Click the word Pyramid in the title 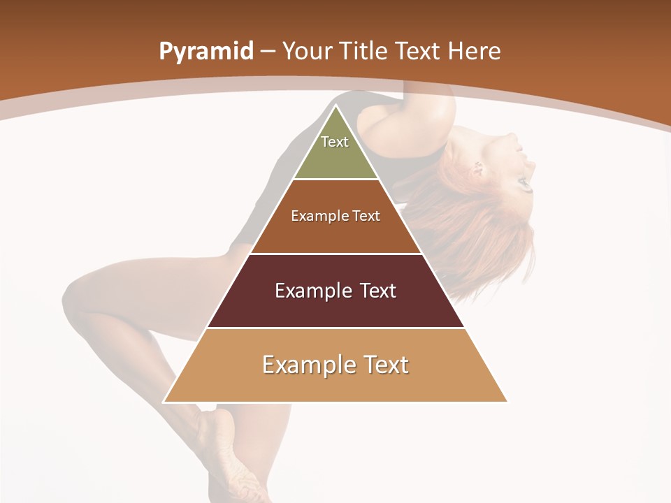206,52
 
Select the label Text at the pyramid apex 335,142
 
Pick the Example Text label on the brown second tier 335,216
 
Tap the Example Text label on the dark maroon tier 335,291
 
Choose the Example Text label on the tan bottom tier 335,365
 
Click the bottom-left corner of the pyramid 164,402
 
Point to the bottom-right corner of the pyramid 507,402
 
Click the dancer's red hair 489,231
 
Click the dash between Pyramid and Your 268,52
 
